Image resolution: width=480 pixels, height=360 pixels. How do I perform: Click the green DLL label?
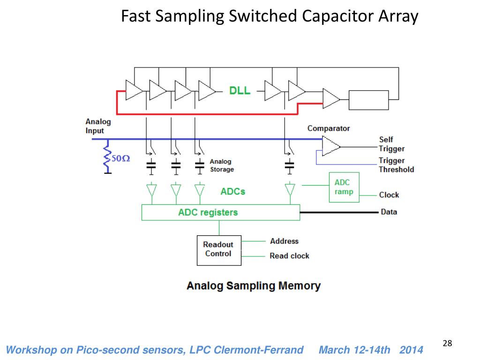point(240,90)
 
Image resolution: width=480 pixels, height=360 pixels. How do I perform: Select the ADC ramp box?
point(344,187)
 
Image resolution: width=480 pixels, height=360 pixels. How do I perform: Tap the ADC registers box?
point(221,212)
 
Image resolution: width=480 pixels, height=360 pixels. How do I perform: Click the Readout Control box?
point(219,250)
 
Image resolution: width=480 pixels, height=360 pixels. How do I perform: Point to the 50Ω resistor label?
point(120,158)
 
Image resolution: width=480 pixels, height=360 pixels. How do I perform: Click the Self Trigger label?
point(391,144)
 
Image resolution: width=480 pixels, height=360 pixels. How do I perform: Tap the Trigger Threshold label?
point(396,165)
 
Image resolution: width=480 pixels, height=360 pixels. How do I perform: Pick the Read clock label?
point(289,255)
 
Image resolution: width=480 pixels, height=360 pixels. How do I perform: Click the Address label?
point(284,241)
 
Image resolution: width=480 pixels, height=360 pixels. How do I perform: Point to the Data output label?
point(389,212)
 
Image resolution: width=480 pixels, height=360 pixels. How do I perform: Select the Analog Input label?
point(98,126)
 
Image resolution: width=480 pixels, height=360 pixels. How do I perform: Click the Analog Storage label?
point(222,165)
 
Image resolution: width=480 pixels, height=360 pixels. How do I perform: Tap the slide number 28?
point(447,343)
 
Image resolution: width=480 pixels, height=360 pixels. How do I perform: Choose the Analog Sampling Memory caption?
point(254,285)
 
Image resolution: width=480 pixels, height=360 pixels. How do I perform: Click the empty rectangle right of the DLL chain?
point(368,100)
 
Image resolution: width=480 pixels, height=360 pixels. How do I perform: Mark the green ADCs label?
point(232,192)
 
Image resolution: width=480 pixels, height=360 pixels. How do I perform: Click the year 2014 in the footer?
point(411,350)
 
